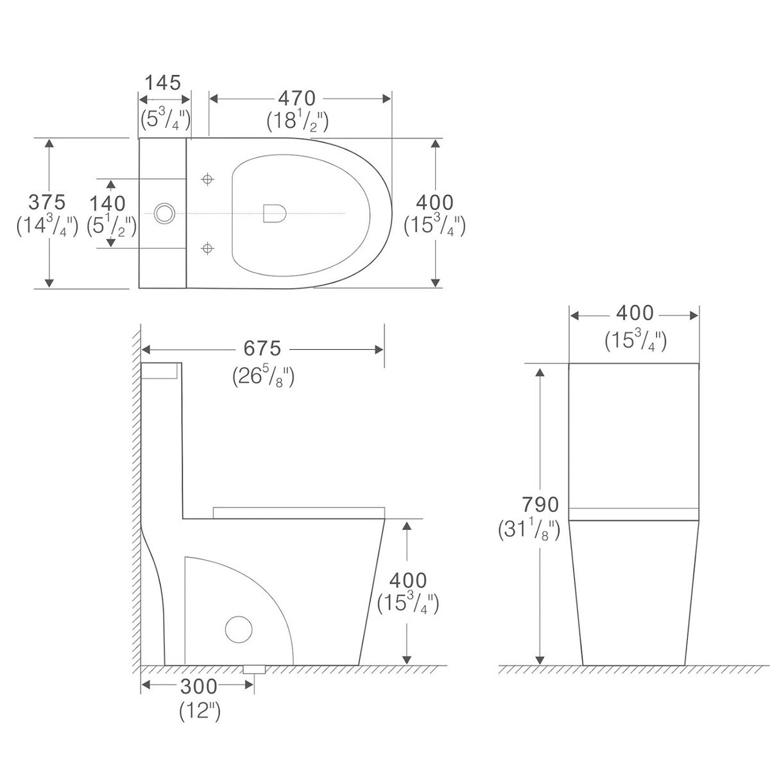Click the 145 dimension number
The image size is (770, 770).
(x=162, y=83)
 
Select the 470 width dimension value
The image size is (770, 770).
(x=296, y=98)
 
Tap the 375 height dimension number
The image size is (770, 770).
(x=47, y=202)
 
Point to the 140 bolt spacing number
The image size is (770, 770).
(x=107, y=203)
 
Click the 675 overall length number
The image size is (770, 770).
(x=262, y=348)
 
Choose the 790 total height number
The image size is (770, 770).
(x=523, y=504)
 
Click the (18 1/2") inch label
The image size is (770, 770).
(x=297, y=121)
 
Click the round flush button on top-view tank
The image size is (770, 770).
(x=165, y=212)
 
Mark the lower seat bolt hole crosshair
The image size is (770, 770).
(x=207, y=247)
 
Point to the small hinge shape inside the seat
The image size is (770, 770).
(x=275, y=213)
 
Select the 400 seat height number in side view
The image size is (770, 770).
(x=408, y=580)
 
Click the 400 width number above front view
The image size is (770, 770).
(x=635, y=313)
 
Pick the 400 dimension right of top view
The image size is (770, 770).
(x=434, y=202)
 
